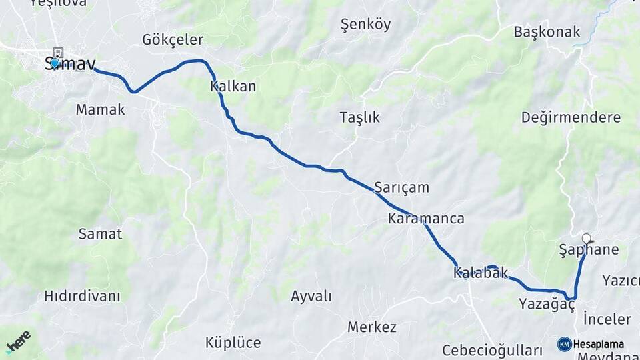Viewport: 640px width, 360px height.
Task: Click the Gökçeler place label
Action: [x=173, y=39]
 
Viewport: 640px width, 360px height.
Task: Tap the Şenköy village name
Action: [x=365, y=25]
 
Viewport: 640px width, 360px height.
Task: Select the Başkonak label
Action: [x=547, y=31]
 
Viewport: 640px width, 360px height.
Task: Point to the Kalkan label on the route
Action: [x=233, y=87]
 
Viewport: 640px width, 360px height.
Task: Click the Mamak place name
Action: [x=100, y=109]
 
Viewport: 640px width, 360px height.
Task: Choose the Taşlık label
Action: [x=359, y=117]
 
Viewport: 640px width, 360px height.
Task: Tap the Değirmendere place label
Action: [x=571, y=118]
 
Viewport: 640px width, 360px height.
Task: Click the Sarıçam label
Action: [x=401, y=187]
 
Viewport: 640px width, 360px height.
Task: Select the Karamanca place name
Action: [x=426, y=219]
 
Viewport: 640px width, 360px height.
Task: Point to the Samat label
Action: [x=100, y=234]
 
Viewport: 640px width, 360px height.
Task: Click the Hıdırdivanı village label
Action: [x=82, y=296]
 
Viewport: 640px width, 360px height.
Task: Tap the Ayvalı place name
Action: [x=311, y=296]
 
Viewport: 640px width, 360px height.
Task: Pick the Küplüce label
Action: [x=233, y=343]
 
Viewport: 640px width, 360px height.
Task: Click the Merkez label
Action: [x=372, y=327]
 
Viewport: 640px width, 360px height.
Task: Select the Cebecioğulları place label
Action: [x=493, y=351]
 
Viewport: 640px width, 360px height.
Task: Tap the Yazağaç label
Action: [x=547, y=305]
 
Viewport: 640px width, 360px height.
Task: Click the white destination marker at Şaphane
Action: [x=586, y=239]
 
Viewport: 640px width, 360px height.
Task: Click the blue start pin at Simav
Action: [x=55, y=63]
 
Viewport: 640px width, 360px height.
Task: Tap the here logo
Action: [x=19, y=341]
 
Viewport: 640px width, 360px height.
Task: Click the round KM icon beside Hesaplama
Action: [x=564, y=344]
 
